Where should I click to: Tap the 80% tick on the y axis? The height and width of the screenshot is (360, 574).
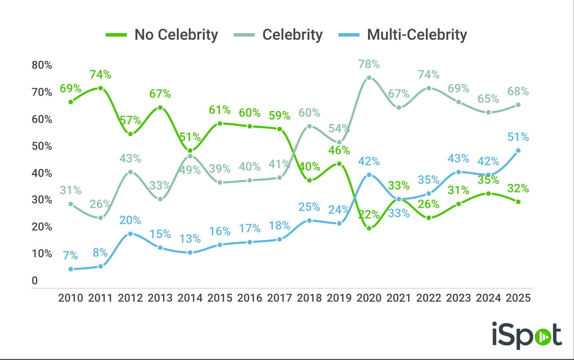click(42, 65)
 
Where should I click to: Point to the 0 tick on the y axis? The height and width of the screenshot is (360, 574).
click(35, 281)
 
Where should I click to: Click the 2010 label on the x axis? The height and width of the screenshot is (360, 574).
click(71, 298)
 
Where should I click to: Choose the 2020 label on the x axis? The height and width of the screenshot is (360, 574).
click(369, 298)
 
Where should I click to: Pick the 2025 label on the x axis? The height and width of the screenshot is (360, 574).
click(518, 298)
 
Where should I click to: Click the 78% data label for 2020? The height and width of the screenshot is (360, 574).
click(369, 64)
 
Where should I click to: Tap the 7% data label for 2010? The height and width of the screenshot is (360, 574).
click(70, 255)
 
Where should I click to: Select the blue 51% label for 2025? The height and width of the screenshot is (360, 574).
click(518, 137)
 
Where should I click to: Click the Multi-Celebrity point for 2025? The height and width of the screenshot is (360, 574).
click(518, 151)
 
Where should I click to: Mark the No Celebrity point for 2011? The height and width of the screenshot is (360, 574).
click(101, 88)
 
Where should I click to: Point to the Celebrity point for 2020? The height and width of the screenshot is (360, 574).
click(369, 78)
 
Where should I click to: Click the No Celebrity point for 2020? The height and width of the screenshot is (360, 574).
click(369, 228)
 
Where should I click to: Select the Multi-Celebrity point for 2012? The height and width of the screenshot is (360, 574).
click(130, 234)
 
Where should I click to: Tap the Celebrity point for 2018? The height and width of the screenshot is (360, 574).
click(309, 126)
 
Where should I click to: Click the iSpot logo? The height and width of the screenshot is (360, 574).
click(527, 335)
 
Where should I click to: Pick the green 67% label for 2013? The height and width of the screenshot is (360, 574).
click(160, 94)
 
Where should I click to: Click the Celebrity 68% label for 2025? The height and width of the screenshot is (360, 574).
click(518, 91)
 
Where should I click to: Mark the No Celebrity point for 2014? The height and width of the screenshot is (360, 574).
click(190, 151)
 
